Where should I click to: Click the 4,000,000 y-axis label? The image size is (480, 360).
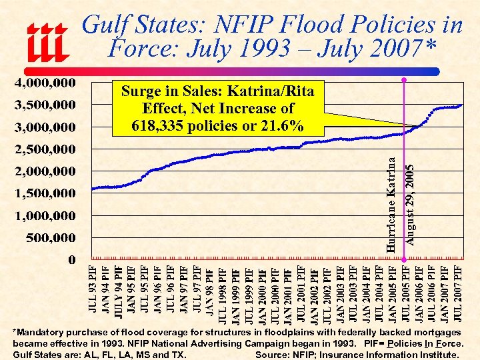point(45,83)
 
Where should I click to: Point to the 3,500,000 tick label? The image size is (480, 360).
point(45,105)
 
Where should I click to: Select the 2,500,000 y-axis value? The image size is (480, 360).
point(45,149)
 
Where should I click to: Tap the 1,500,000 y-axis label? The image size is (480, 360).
point(45,193)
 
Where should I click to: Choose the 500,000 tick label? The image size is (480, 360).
point(51,238)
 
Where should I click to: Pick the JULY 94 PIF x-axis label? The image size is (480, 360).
point(118,289)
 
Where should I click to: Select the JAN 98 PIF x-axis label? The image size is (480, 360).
point(210,291)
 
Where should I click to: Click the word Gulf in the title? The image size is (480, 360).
point(105,25)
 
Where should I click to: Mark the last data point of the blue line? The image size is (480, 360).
point(461,105)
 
